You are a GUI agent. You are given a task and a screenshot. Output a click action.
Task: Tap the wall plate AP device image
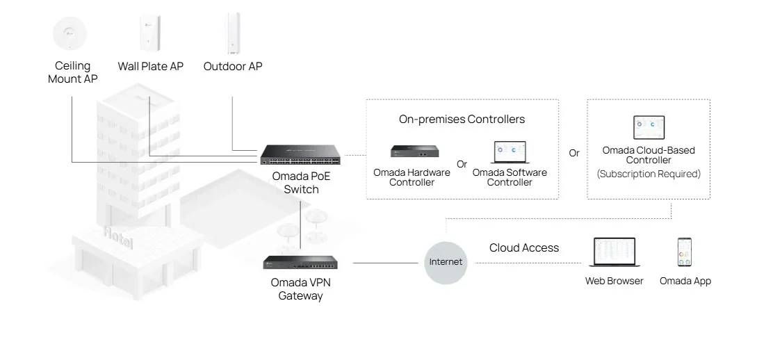click(x=150, y=33)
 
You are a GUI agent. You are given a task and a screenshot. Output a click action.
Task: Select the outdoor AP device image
click(x=232, y=33)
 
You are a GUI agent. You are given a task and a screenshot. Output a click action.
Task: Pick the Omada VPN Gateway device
click(x=300, y=263)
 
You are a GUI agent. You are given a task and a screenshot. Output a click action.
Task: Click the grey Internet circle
click(x=446, y=262)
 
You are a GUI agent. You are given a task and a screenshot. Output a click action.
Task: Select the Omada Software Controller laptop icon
click(x=510, y=152)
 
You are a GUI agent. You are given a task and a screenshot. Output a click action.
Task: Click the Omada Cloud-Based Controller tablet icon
click(x=649, y=128)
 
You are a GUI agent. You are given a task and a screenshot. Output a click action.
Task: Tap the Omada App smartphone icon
click(x=685, y=253)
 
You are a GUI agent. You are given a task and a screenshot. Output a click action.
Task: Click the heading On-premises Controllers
click(x=462, y=120)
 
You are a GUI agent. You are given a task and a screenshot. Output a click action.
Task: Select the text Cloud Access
click(x=524, y=248)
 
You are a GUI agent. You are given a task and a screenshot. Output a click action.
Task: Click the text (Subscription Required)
click(x=649, y=174)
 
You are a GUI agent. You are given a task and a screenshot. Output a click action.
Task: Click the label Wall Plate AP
click(x=150, y=67)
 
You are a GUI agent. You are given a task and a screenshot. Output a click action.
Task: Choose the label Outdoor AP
click(x=233, y=67)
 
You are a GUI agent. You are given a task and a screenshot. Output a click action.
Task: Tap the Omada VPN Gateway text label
click(x=300, y=289)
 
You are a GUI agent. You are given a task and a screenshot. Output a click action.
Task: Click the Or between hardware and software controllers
click(x=462, y=165)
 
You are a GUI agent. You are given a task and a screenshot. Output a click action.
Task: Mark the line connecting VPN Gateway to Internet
click(x=388, y=263)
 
